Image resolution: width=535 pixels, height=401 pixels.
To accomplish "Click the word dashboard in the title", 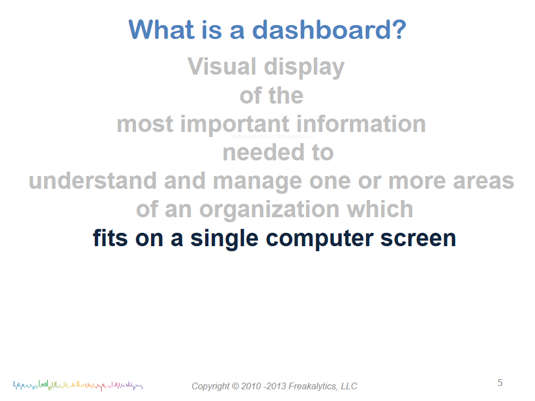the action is tap(320, 30).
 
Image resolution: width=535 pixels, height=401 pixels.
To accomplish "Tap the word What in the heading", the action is tap(162, 30).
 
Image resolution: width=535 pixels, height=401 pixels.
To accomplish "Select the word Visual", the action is tap(222, 66).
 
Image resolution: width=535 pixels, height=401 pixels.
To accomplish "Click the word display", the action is tap(304, 67).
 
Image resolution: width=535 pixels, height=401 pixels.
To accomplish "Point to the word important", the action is tap(235, 124).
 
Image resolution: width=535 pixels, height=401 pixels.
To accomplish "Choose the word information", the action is tap(361, 124).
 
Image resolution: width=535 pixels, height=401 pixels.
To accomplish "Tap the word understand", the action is tap(93, 180).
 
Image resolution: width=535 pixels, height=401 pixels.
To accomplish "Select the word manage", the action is tap(257, 182).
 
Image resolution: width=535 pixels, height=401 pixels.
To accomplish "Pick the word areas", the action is tap(484, 182).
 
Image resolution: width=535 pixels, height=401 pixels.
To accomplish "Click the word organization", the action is tap(270, 210).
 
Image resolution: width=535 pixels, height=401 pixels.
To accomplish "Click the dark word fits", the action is tap(110, 238).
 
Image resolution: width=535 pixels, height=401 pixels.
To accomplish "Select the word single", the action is tap(224, 238).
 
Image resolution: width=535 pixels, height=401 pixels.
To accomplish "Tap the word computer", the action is tap(319, 239).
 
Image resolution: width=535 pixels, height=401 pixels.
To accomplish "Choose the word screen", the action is tap(418, 239).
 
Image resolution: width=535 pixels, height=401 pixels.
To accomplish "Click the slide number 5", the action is tap(500, 383).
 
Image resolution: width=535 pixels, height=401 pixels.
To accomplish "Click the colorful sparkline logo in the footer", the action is tap(78, 385).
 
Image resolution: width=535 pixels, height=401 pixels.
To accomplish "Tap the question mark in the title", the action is tap(398, 30).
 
